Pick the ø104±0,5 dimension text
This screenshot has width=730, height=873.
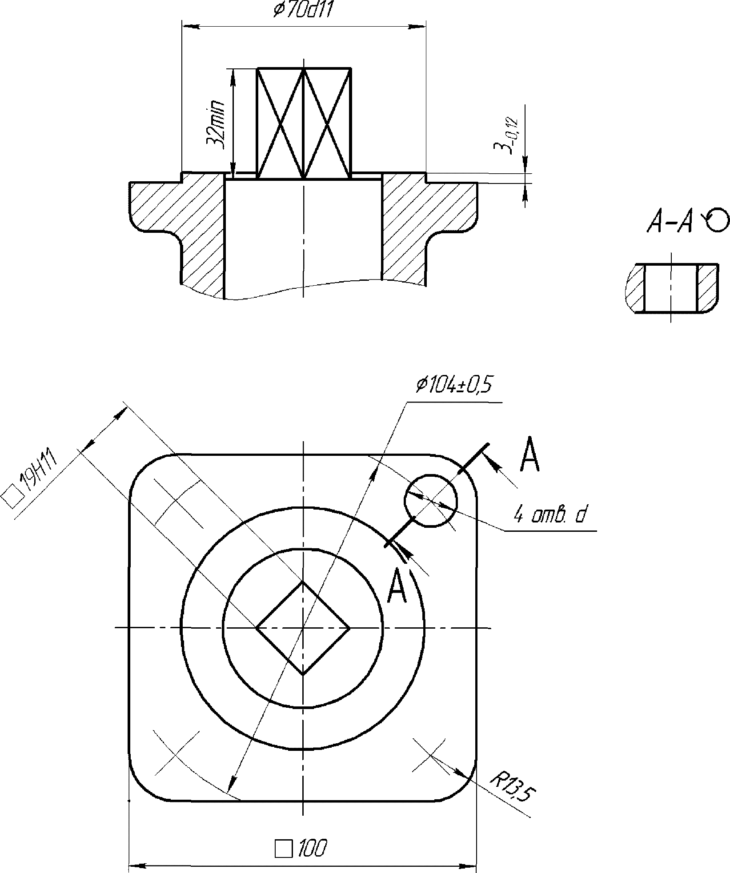point(453,385)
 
